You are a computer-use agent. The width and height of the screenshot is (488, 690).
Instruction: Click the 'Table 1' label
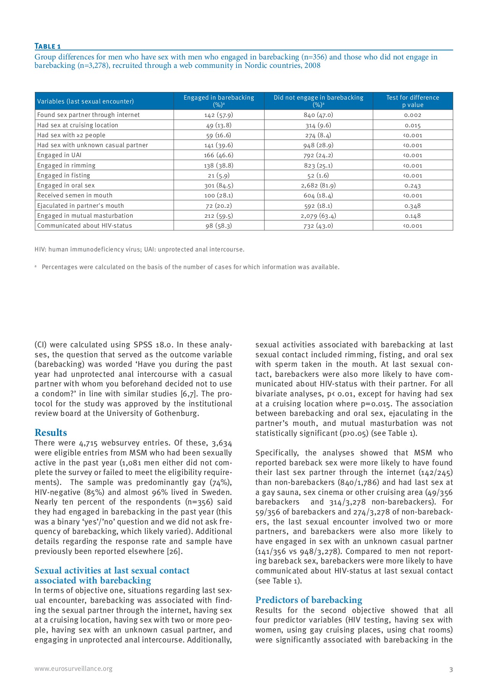click(48, 46)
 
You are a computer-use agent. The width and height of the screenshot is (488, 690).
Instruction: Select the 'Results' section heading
click(51, 433)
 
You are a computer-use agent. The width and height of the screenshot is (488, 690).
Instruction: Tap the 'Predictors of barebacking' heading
click(309, 600)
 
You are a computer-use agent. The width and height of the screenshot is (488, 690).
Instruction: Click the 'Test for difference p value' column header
click(412, 101)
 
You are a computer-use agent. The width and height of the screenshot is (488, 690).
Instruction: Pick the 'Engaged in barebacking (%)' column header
click(219, 101)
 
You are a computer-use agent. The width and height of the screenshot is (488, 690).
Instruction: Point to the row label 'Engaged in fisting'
click(64, 176)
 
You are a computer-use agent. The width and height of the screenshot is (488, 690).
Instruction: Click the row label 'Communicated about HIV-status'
click(84, 226)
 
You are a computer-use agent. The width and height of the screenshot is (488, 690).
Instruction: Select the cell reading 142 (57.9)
click(219, 115)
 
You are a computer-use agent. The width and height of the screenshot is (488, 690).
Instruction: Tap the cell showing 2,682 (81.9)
click(318, 186)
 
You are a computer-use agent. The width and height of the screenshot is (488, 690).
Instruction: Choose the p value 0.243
click(412, 186)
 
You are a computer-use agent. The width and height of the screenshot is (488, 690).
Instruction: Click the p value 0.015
click(412, 125)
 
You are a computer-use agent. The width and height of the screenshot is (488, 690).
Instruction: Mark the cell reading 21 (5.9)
click(219, 176)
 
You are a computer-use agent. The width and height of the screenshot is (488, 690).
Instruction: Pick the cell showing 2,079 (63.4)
click(318, 216)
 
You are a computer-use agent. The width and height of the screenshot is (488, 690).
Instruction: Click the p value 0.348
click(412, 206)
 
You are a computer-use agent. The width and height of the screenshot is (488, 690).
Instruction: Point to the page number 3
click(451, 670)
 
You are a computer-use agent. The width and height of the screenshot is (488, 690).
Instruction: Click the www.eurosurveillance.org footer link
click(73, 669)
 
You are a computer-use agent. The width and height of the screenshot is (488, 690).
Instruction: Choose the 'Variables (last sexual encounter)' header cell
click(85, 102)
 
